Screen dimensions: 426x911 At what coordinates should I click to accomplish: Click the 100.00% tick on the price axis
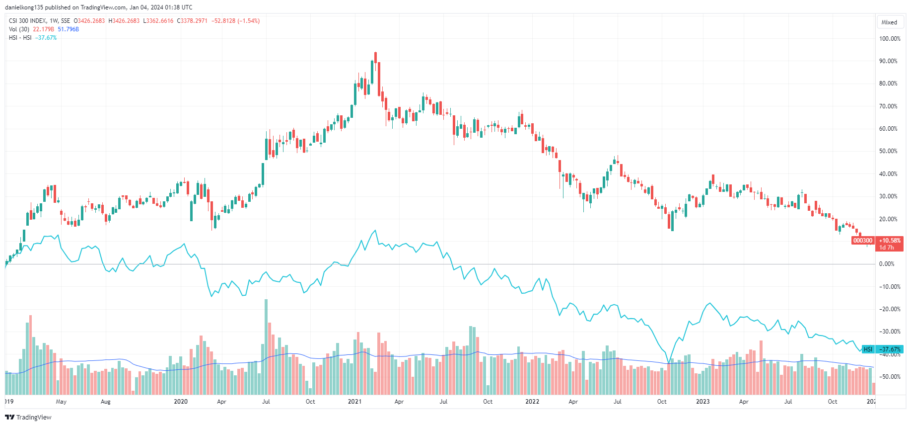(889, 39)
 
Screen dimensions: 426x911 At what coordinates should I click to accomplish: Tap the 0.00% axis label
(887, 264)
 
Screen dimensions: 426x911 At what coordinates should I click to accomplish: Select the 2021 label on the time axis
(354, 402)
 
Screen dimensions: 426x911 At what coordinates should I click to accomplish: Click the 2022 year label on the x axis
(532, 402)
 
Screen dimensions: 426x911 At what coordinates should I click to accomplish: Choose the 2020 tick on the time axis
(181, 402)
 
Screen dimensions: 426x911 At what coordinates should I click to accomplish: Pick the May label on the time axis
(61, 402)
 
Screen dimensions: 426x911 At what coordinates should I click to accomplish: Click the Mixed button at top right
(889, 22)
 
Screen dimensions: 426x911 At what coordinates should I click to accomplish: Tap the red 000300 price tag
(863, 241)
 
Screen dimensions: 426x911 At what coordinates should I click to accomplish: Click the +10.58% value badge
(890, 241)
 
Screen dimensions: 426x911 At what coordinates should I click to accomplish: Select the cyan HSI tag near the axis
(868, 349)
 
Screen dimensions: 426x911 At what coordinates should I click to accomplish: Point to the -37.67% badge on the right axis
(890, 349)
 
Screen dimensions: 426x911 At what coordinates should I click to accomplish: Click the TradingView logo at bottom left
(28, 417)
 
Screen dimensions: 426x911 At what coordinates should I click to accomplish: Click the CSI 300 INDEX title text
(28, 21)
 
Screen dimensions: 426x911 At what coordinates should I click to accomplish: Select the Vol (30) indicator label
(19, 29)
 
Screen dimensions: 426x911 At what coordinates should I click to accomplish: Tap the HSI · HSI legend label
(20, 38)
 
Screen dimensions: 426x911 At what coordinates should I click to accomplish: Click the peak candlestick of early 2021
(375, 58)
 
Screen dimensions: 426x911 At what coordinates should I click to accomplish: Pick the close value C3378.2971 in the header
(192, 21)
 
